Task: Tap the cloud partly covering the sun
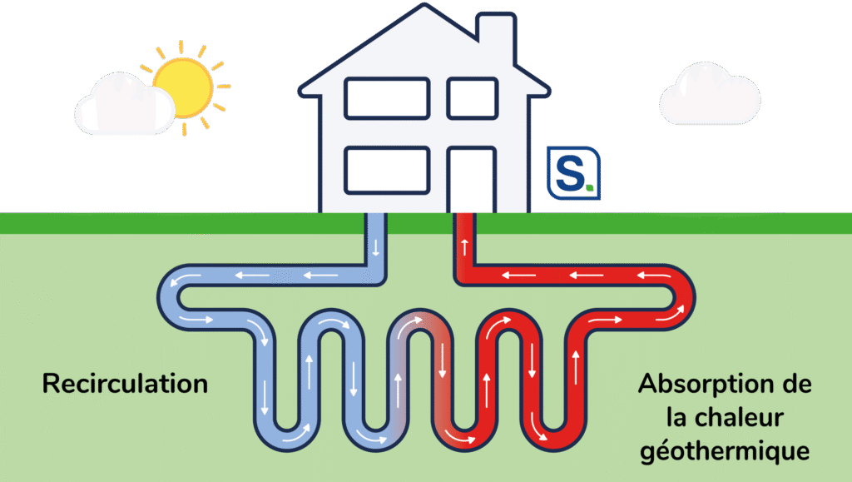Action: (x=125, y=106)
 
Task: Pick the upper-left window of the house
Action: (x=387, y=98)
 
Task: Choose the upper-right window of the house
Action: (x=472, y=98)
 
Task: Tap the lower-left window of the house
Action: (x=387, y=170)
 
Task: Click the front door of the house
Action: (x=472, y=180)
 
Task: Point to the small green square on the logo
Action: (x=589, y=189)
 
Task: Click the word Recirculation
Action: (x=125, y=384)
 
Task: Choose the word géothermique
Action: (x=724, y=451)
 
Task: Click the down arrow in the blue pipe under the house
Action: (x=374, y=247)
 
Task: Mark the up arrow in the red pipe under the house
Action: (x=464, y=247)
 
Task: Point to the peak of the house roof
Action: (x=424, y=10)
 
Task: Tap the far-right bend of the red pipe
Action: (x=685, y=296)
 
